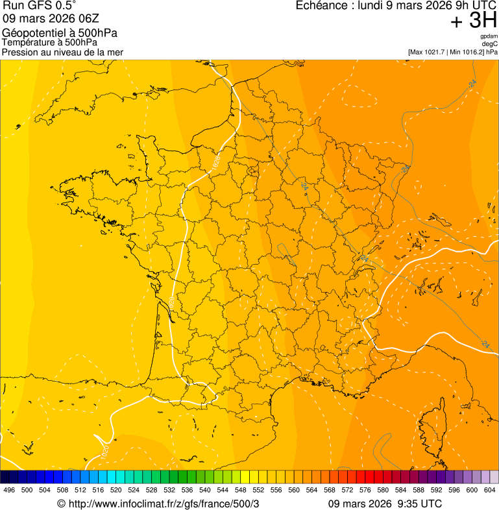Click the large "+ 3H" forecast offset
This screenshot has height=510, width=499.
coord(474,21)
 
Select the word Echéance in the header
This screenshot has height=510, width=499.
coord(324,6)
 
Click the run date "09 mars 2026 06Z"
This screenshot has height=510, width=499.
coord(51,19)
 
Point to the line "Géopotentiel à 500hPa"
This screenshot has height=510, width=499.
coord(60,33)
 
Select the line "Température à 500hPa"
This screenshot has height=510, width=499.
coord(49,43)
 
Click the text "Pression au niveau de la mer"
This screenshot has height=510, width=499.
coord(62,52)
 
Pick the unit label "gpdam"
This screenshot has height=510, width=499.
coord(489,36)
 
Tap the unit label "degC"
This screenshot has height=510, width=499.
coord(490,44)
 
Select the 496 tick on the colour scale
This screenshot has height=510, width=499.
coord(9,491)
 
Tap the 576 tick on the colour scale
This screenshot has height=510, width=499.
coord(365,491)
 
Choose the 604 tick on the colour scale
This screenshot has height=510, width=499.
coord(489,491)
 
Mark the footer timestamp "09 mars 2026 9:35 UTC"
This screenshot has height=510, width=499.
coord(385,504)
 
